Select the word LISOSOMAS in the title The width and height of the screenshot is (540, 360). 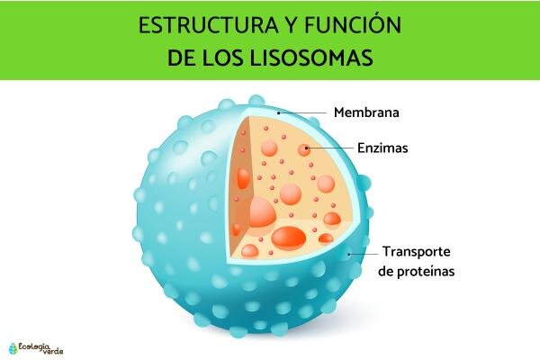[x=311, y=58]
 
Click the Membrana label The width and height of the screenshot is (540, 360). [x=366, y=112]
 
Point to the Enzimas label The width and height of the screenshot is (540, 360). [x=382, y=148]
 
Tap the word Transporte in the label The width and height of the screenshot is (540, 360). [x=417, y=252]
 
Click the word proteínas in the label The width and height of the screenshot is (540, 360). [x=426, y=272]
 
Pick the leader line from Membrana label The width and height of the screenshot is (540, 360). [x=302, y=112]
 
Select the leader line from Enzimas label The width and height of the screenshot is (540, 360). [x=330, y=148]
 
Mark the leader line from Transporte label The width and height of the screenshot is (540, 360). [x=364, y=254]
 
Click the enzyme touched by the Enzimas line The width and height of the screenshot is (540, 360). [x=304, y=150]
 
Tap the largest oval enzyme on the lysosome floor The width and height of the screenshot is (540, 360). [x=289, y=238]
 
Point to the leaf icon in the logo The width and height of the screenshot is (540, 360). [x=13, y=348]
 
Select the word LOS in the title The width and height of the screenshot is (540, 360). [x=222, y=58]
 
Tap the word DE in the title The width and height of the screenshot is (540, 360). [x=181, y=58]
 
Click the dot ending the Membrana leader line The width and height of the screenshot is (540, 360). [x=279, y=112]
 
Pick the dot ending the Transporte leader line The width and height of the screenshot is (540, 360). [x=349, y=254]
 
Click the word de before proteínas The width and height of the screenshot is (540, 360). [x=386, y=271]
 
